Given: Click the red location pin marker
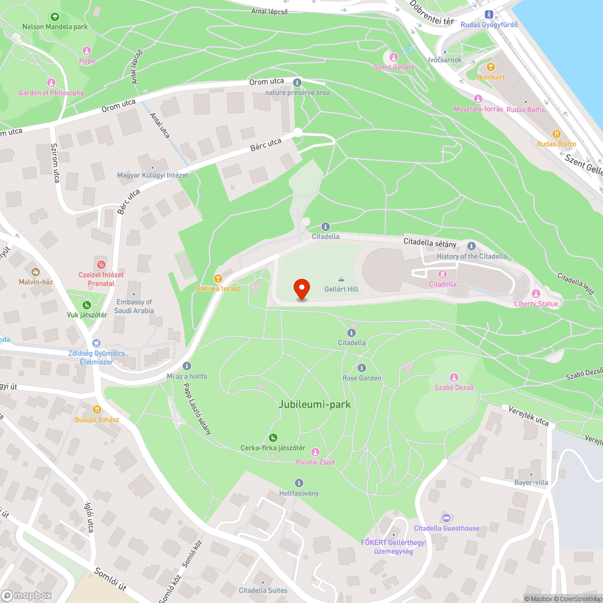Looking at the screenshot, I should (301, 289).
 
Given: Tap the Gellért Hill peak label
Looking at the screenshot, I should (341, 289).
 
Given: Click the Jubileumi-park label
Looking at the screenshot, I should (315, 404).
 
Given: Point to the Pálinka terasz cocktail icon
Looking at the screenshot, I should (218, 279).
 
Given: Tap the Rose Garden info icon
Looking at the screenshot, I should (362, 368).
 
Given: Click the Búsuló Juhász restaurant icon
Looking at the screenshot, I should (97, 409).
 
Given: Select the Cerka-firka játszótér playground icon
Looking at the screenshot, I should (273, 438).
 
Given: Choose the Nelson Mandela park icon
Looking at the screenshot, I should (55, 17).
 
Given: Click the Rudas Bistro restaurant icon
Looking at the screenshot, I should (557, 134).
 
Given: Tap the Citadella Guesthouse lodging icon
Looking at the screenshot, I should (446, 518).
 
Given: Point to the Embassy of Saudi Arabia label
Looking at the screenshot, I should (134, 306).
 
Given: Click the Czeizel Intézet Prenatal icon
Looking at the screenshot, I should (101, 264).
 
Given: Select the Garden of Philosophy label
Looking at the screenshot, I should (51, 93).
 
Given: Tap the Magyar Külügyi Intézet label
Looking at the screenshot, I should (152, 175).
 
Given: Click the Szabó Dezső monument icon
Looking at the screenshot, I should (454, 377).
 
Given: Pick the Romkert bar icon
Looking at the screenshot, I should (490, 67).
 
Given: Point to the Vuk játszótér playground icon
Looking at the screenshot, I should (87, 305).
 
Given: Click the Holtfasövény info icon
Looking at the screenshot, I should (299, 483).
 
